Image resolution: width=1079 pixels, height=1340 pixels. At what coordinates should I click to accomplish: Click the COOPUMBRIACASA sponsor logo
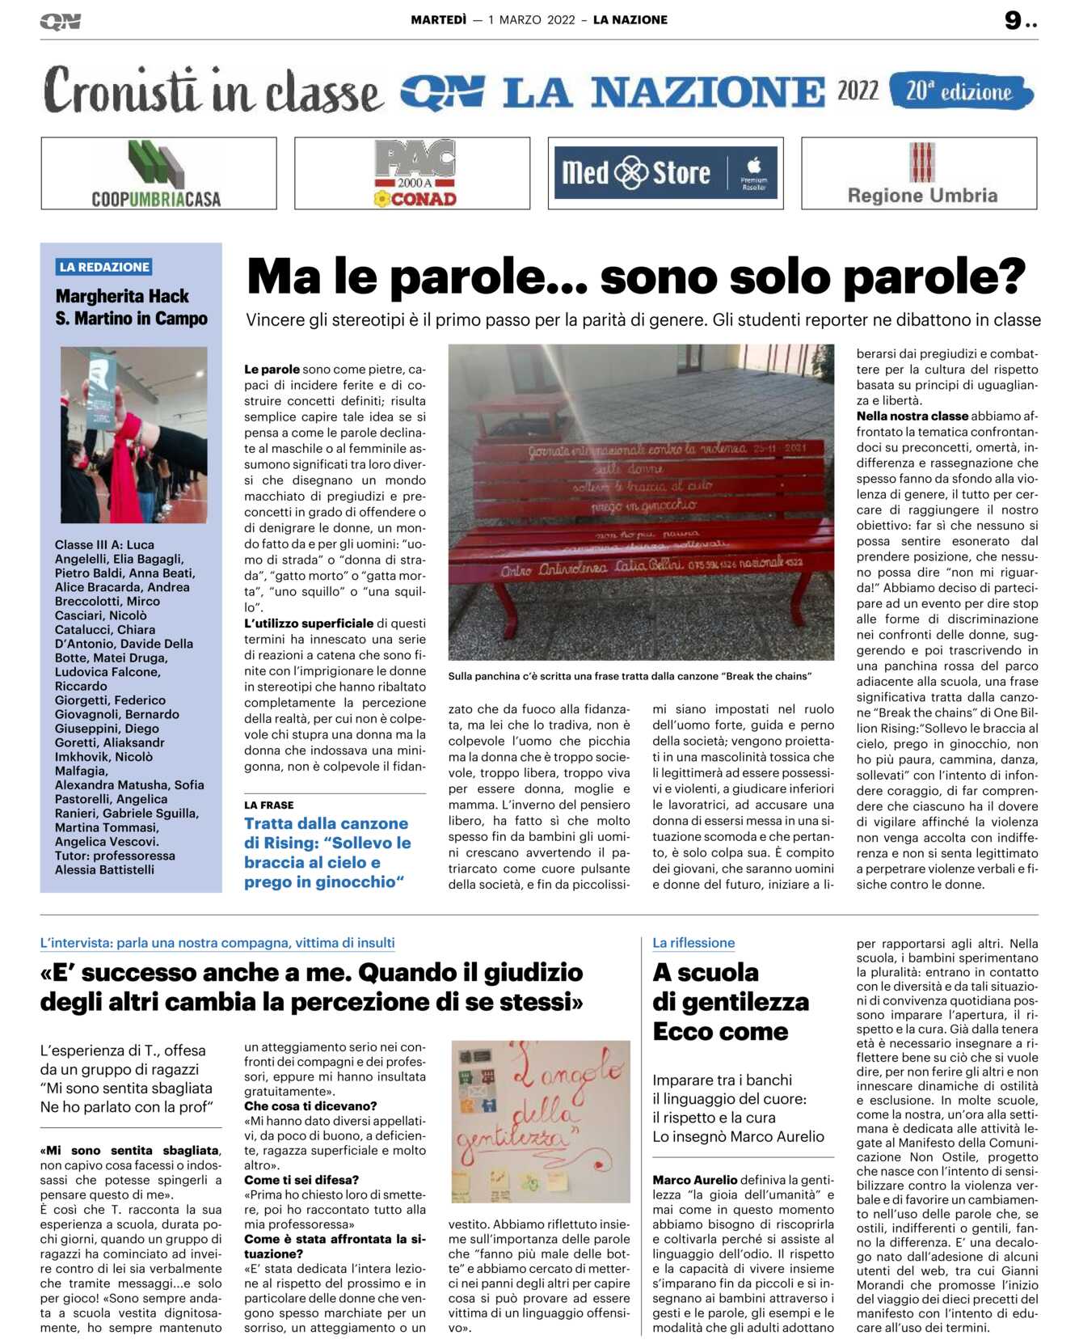[x=158, y=174]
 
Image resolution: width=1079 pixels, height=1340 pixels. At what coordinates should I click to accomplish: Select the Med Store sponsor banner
[x=665, y=173]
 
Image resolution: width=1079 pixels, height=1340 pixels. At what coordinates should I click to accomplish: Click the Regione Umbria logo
[x=921, y=174]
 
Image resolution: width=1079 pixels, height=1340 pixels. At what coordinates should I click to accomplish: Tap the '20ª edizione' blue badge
[x=960, y=91]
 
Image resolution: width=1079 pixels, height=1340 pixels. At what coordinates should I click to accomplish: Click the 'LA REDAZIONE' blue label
[x=104, y=267]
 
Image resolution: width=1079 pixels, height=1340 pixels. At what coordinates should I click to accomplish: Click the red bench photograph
[x=641, y=502]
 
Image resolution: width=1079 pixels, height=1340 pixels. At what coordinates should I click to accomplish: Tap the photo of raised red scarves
[x=134, y=435]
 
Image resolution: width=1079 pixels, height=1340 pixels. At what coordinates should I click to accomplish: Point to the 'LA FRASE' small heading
[x=269, y=805]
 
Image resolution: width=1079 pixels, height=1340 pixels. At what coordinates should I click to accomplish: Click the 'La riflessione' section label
[x=693, y=943]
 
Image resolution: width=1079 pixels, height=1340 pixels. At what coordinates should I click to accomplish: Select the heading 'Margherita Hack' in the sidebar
[x=122, y=296]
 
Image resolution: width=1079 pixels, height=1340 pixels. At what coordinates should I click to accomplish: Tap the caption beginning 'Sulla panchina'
[x=630, y=676]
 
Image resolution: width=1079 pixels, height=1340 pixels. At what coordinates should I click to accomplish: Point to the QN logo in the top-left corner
[x=61, y=22]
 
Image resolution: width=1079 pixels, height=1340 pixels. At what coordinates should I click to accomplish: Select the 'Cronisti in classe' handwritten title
[x=213, y=91]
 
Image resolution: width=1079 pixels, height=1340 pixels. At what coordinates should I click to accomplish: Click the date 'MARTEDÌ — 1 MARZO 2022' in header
[x=493, y=20]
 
